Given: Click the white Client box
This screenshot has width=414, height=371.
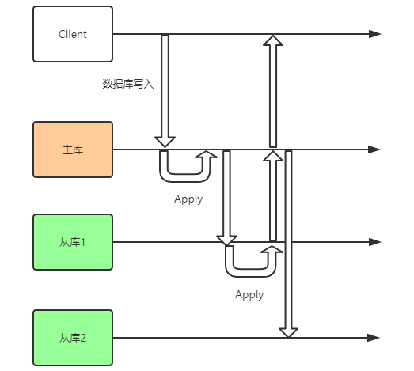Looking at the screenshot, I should [73, 34].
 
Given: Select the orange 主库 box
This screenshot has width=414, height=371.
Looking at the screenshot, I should [73, 149].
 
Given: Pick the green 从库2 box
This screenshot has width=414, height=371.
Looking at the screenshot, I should [73, 338].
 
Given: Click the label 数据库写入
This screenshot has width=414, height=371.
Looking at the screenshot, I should [128, 83].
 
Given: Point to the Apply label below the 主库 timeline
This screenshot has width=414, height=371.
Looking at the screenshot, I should [188, 199].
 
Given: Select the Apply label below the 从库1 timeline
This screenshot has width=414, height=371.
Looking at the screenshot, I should [249, 294].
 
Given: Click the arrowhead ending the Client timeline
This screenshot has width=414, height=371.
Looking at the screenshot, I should [374, 34].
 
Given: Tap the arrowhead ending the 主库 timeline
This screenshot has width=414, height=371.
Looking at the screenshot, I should [374, 149].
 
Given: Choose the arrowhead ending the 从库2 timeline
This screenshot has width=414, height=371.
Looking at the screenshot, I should [374, 338].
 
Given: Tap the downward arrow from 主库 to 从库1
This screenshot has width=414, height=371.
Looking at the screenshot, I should [227, 198].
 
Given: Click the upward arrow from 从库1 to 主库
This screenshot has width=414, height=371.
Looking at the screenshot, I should [273, 198].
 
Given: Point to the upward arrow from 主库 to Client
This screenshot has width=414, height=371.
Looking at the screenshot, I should [273, 91].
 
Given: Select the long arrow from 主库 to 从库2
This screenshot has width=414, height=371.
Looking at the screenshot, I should [288, 241].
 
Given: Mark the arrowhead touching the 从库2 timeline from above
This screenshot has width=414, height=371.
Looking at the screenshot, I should [288, 331].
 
